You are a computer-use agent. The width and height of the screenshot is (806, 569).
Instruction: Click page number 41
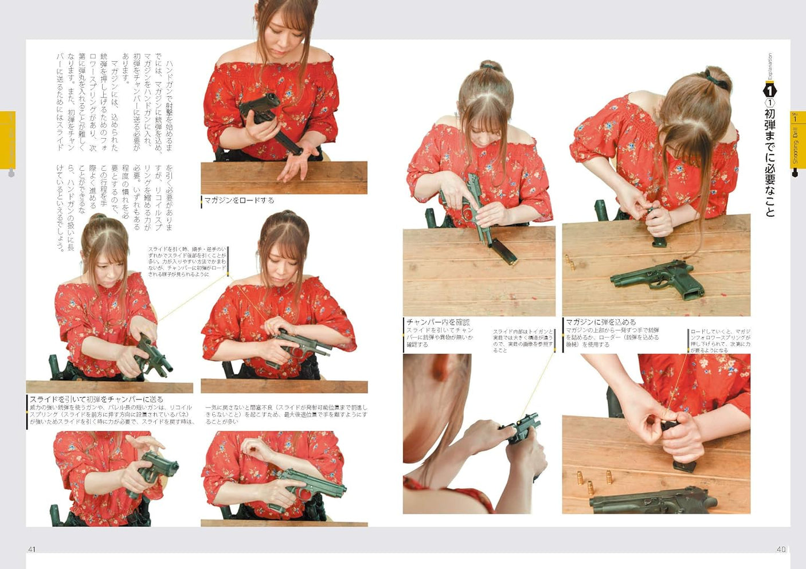[x=32, y=549]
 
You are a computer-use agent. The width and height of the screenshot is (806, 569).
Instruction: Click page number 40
[x=781, y=549]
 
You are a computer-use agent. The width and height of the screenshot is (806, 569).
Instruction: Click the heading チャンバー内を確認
[x=438, y=322]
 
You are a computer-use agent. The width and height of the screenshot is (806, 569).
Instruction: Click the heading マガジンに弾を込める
[x=601, y=322]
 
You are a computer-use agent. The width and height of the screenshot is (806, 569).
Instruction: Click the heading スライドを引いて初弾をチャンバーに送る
[x=96, y=399]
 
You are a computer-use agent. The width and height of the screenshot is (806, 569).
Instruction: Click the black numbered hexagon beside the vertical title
[x=770, y=91]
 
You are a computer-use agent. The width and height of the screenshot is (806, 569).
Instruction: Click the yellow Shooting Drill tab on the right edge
[x=797, y=141]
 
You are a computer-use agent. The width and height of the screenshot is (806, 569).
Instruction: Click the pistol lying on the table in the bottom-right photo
[x=654, y=501]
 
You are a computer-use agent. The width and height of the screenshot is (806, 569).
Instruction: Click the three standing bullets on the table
[x=593, y=480]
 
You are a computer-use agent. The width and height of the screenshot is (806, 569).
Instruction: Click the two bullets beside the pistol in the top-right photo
[x=570, y=262]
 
